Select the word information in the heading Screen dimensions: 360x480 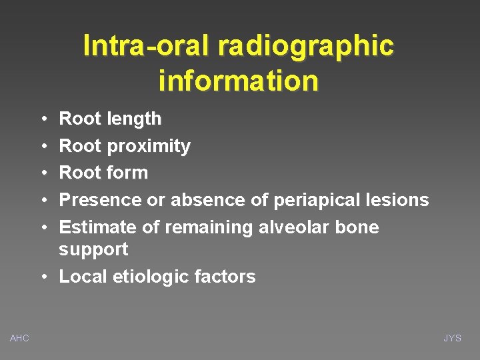239,81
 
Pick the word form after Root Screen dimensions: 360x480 127,173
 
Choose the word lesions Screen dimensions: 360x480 401,200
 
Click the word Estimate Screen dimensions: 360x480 99,227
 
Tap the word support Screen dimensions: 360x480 93,250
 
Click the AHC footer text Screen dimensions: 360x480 19,339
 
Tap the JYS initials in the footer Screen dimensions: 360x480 453,339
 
